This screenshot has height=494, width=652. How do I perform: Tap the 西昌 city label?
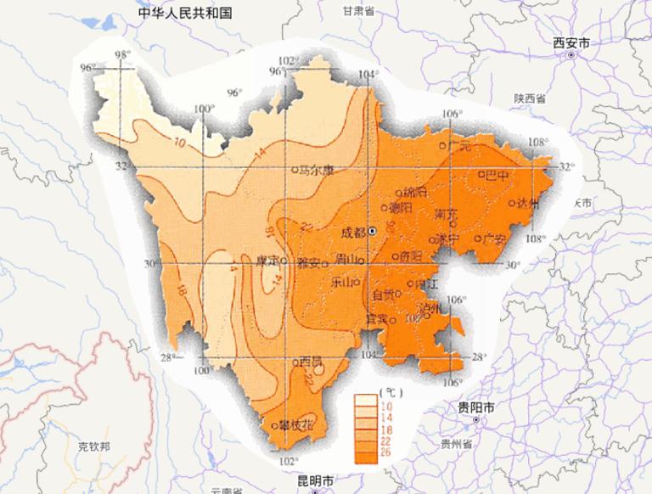point(311,362)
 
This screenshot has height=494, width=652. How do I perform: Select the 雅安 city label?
point(308,262)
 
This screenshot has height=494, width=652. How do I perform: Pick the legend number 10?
point(388,407)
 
